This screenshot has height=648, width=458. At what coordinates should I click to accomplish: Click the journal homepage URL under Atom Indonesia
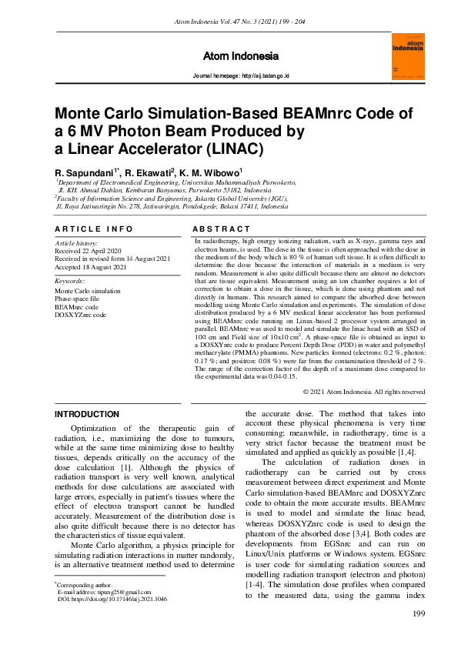coord(240,76)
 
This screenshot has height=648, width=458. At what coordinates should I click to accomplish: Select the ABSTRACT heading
coord(221,229)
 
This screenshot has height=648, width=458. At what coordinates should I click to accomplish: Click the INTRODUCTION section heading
coord(87,414)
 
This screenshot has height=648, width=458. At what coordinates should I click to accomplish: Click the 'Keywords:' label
coord(69,282)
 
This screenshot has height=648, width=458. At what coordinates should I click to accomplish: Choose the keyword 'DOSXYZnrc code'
coord(80,316)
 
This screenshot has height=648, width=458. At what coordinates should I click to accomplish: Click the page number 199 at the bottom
coord(419,613)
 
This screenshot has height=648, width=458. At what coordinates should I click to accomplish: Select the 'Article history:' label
coord(75,243)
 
